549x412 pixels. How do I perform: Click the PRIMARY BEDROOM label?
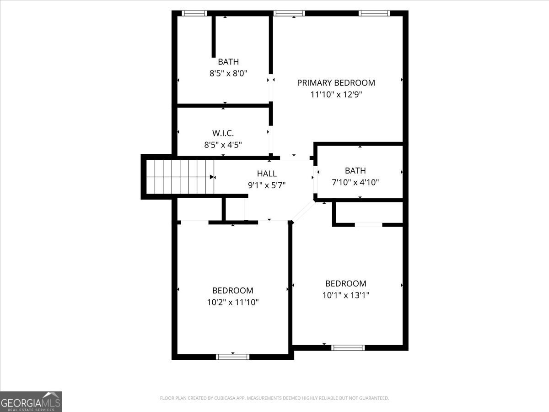point(336,83)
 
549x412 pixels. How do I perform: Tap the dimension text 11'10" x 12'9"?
point(336,95)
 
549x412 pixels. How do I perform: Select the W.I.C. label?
point(223,133)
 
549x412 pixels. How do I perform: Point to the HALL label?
point(267,173)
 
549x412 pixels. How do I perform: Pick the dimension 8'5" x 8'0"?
point(228,73)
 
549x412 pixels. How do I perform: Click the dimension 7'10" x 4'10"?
point(355,182)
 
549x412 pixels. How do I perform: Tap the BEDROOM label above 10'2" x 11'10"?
point(232,291)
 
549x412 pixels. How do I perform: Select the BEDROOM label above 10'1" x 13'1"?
point(345,284)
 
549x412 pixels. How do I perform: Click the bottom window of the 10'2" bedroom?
point(232,357)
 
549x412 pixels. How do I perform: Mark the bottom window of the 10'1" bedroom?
point(348,347)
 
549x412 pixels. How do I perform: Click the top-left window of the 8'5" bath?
point(194,13)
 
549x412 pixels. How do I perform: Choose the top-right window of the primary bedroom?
point(374,13)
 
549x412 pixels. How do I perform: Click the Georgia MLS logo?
point(31,401)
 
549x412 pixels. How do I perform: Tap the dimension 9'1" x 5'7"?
point(267,185)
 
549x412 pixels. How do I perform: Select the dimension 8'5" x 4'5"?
point(223,145)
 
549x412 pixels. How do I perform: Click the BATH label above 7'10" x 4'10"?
point(355,171)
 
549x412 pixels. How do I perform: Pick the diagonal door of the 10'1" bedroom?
point(303,211)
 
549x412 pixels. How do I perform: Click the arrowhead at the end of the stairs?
point(212,177)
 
